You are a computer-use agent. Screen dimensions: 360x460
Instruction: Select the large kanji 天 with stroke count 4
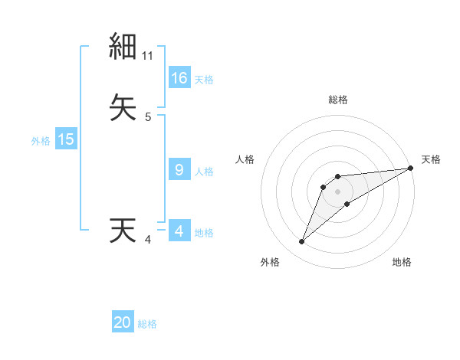point(123,231)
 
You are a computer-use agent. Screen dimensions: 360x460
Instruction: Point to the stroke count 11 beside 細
point(149,56)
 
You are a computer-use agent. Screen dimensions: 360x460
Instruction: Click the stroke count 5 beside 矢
point(148,117)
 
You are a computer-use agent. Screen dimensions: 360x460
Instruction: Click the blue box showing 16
point(179,78)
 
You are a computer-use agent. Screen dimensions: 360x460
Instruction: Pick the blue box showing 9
point(179,171)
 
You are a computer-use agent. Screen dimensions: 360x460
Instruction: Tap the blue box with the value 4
point(179,231)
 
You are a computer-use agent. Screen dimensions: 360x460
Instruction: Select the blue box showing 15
point(66,139)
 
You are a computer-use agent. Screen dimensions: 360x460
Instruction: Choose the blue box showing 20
point(123,323)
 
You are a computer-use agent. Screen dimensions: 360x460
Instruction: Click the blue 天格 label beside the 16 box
point(204,80)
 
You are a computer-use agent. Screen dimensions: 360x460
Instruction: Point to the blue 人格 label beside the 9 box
point(204,172)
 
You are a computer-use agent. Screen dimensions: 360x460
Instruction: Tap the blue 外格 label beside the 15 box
point(41,141)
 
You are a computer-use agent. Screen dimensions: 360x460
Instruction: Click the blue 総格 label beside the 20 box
point(147,324)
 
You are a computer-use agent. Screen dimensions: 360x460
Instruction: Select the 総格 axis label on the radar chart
point(338,100)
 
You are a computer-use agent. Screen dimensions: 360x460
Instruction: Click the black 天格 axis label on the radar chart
point(431,159)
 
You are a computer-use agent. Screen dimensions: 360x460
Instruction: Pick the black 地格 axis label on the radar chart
point(402,262)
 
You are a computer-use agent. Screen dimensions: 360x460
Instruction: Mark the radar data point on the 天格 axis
point(411,168)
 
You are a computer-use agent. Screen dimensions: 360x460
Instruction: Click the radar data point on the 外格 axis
point(301,242)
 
